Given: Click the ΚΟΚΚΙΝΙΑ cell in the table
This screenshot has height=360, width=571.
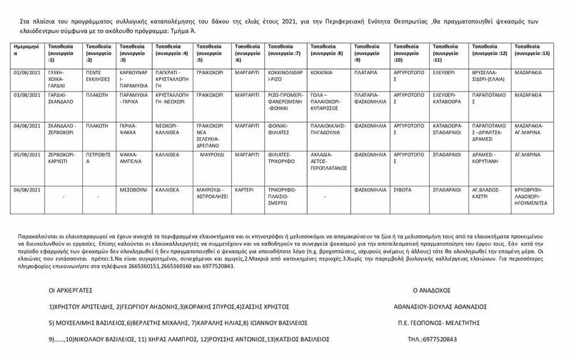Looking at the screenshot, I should pyautogui.click(x=323, y=73).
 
